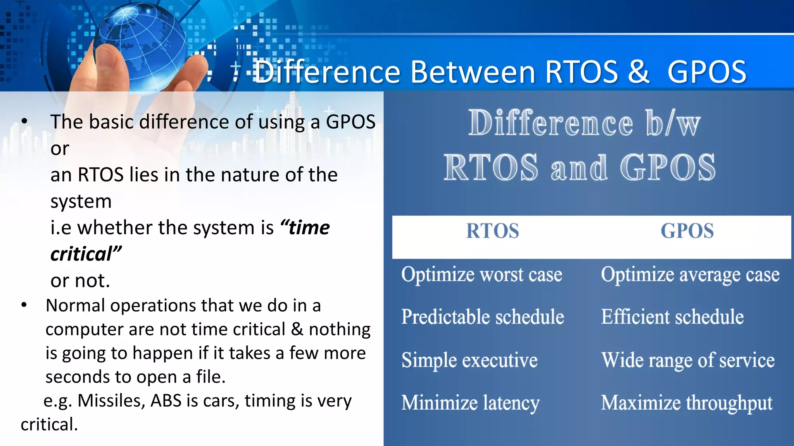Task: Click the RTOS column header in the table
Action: [492, 231]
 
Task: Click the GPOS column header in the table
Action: [687, 231]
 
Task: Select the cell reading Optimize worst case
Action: [482, 274]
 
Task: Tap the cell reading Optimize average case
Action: [690, 274]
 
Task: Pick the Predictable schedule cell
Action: [482, 317]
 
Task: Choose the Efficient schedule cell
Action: [672, 317]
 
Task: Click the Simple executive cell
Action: [469, 360]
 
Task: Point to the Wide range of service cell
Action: [688, 360]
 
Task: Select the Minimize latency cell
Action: [470, 403]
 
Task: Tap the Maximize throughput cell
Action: [687, 403]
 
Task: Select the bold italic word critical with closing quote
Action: [86, 254]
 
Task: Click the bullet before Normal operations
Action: [24, 305]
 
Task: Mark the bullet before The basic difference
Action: [24, 122]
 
